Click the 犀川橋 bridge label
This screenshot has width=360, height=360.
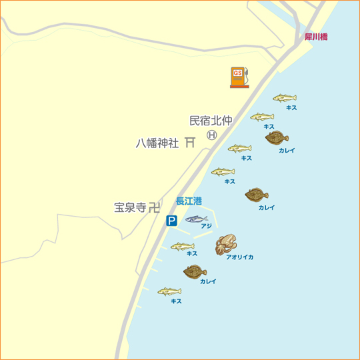[x=315, y=37]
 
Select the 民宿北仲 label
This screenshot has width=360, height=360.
[x=211, y=121]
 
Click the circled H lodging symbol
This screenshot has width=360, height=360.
[x=212, y=134]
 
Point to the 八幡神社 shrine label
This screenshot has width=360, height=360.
[x=157, y=143]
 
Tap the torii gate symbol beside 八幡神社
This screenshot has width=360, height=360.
[x=190, y=142]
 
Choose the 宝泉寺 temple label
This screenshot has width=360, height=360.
[x=130, y=208]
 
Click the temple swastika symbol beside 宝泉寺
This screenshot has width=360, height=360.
[x=155, y=207]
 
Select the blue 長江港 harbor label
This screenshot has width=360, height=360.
[x=189, y=201]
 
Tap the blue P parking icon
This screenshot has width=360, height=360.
[x=171, y=221]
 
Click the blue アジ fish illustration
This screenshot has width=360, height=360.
[x=197, y=219]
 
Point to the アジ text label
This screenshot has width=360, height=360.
[x=206, y=226]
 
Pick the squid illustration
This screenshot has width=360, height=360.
[x=226, y=245]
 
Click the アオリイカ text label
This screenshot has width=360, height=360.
[x=239, y=257]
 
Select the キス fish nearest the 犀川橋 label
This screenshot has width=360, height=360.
[x=284, y=98]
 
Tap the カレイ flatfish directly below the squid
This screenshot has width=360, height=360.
[x=195, y=271]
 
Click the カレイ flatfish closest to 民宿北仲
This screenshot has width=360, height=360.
[x=276, y=138]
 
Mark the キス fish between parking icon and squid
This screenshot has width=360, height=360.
[x=182, y=247]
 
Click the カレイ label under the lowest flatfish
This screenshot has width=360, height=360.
[x=208, y=281]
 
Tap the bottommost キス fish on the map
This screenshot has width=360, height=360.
[x=169, y=291]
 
